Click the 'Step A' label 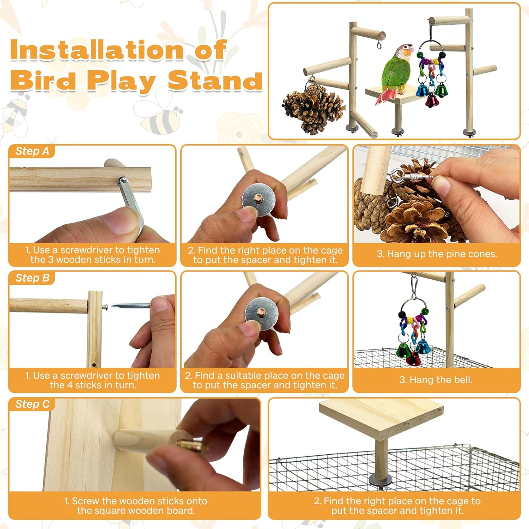tap(32, 151)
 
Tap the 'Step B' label tap(32, 278)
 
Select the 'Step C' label tap(32, 404)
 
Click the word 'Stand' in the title tap(215, 80)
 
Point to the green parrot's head tap(405, 52)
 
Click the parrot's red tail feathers tap(387, 96)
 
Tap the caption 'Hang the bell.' tap(436, 380)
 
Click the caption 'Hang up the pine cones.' tap(437, 254)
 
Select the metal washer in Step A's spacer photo tap(259, 201)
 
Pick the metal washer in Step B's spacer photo tap(261, 313)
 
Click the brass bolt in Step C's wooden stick tap(191, 445)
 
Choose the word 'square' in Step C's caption tap(108, 511)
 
